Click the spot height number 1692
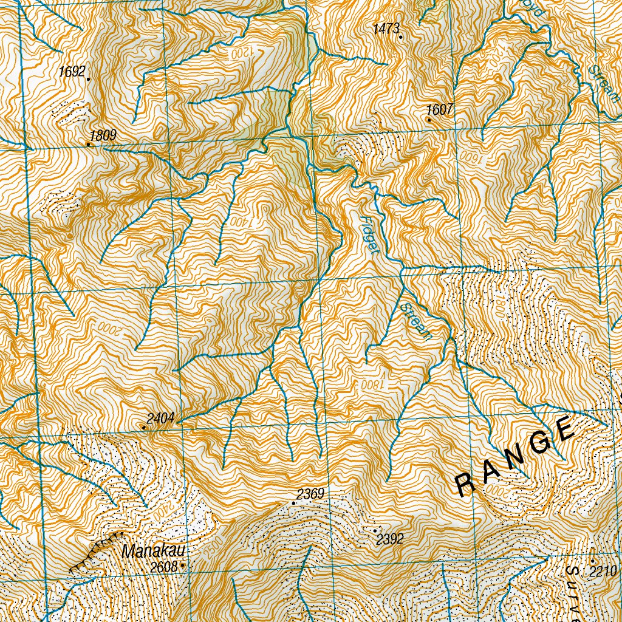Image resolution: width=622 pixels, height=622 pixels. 72,72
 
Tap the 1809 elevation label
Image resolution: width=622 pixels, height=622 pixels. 103,135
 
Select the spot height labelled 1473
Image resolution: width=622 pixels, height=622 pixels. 386,28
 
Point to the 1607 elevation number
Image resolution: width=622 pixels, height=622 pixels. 440,110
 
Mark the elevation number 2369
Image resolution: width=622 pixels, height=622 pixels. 310,494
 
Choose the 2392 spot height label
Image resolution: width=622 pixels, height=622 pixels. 390,539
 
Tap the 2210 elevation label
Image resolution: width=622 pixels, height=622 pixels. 603,571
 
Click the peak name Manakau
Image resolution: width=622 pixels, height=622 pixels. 152,552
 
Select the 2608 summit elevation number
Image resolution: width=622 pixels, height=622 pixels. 165,567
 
